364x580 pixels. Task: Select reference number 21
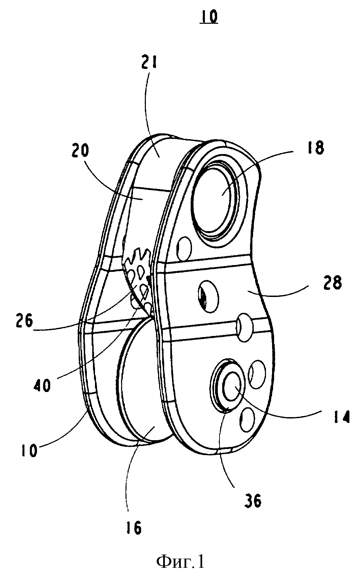click(x=149, y=61)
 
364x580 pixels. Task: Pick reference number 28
click(x=332, y=282)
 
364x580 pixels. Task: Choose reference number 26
click(x=23, y=321)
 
